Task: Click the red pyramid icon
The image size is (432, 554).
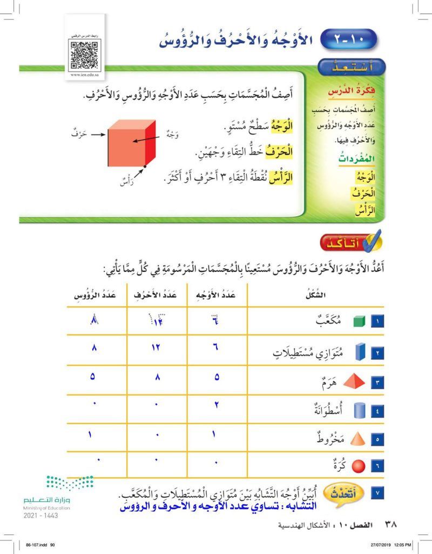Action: pyautogui.click(x=359, y=383)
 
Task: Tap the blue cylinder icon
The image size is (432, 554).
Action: pyautogui.click(x=360, y=411)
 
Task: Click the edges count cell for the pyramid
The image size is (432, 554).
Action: pyautogui.click(x=157, y=376)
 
